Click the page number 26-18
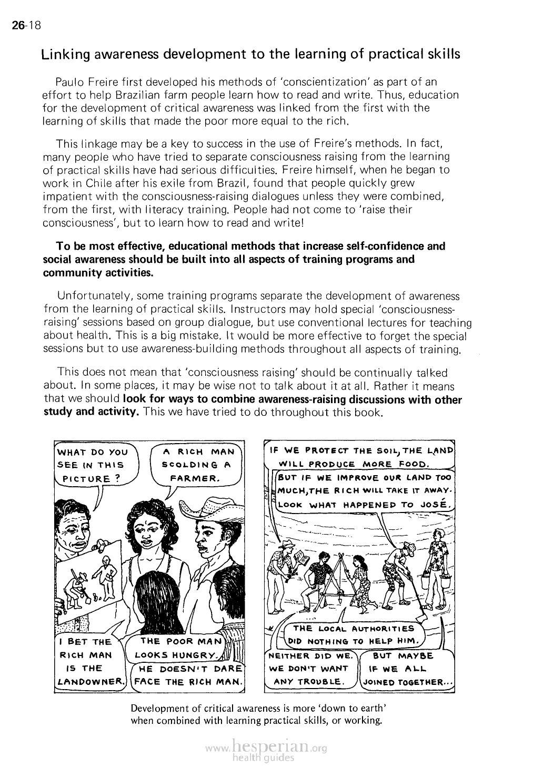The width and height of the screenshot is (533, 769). pos(23,25)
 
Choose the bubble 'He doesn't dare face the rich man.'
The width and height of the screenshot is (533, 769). pos(189,675)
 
